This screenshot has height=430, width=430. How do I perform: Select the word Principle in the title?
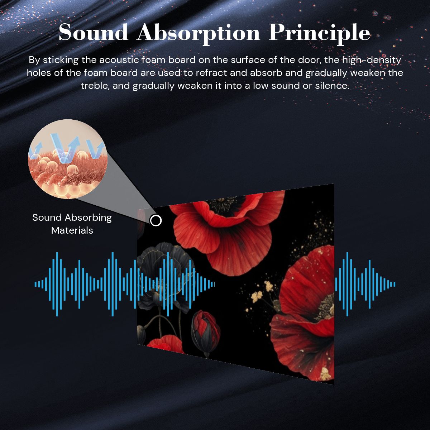pyautogui.click(x=320, y=34)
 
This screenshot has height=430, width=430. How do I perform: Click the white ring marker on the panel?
pyautogui.click(x=156, y=220)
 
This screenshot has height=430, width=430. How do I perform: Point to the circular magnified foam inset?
pyautogui.click(x=68, y=159)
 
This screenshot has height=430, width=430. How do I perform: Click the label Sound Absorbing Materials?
pyautogui.click(x=72, y=224)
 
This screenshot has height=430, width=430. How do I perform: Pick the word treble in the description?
pyautogui.click(x=94, y=86)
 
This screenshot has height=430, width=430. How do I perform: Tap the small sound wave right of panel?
pyautogui.click(x=365, y=284)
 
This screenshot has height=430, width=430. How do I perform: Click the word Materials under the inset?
pyautogui.click(x=72, y=230)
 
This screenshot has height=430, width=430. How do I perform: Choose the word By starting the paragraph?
pyautogui.click(x=34, y=61)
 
